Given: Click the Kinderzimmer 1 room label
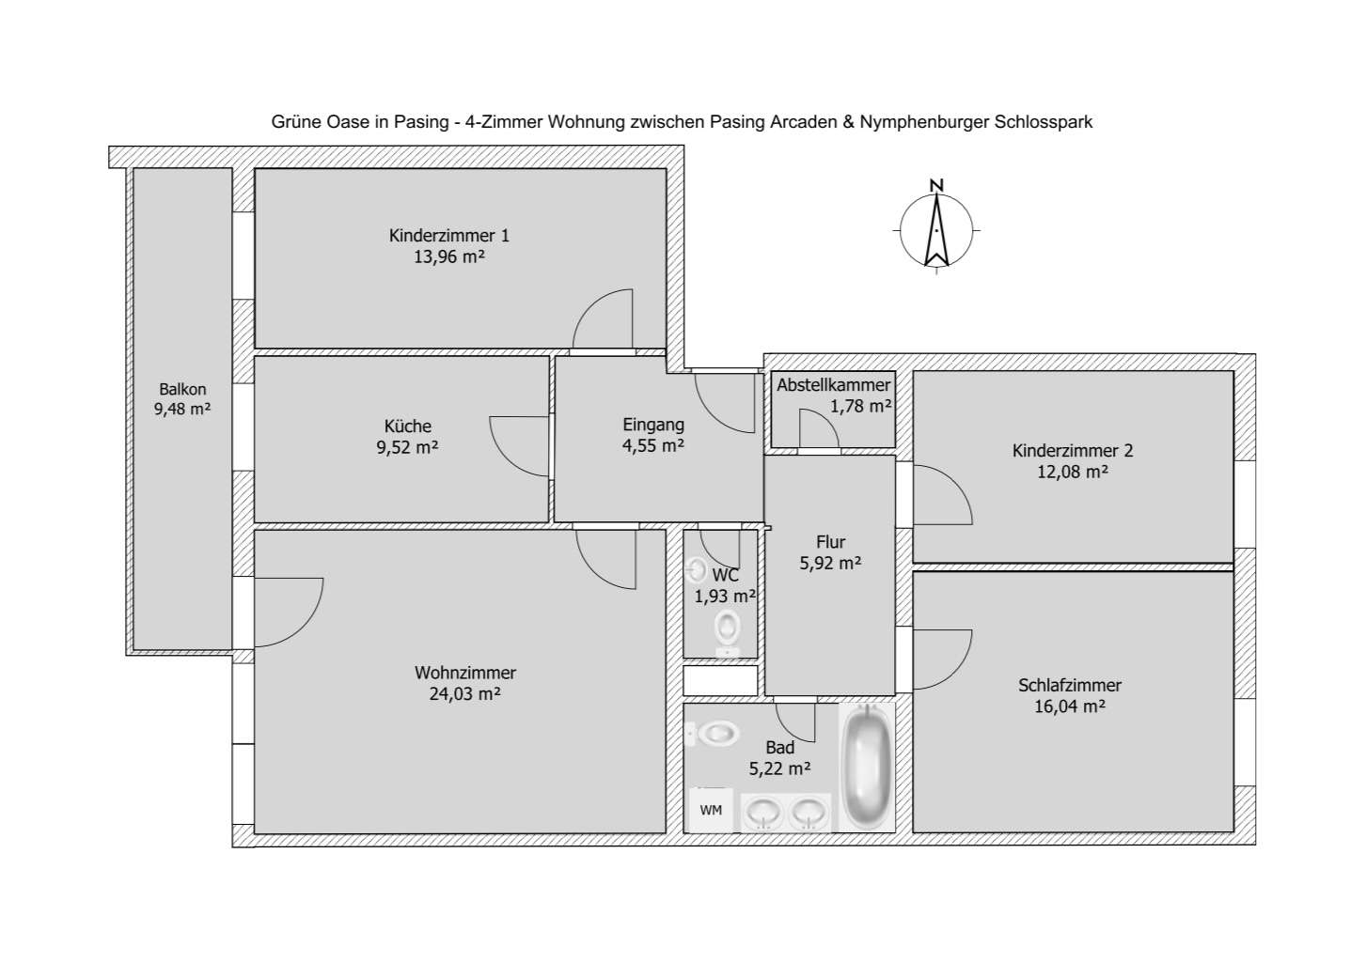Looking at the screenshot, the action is point(448,235).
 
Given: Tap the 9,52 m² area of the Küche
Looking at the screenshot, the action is point(407,447).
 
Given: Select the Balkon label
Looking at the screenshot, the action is point(182,389).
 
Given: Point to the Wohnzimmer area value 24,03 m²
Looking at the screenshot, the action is point(465,693).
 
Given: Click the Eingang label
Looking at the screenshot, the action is point(653,425).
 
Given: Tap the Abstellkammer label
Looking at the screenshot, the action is point(834,385).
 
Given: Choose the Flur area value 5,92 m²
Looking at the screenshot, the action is point(830,563).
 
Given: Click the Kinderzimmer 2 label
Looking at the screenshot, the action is point(1073,450).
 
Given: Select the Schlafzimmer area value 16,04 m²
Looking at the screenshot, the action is point(1070,706).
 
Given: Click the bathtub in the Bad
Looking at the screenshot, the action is point(867,767).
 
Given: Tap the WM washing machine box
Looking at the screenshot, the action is point(711,811).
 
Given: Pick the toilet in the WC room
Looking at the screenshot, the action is point(727,632).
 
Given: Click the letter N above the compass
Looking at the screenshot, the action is point(936,186).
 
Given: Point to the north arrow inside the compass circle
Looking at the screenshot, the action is point(936,230).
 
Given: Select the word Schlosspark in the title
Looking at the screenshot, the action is point(1044,122).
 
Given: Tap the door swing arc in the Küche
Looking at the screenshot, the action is point(508,458).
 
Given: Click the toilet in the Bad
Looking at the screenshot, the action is point(716,734).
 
